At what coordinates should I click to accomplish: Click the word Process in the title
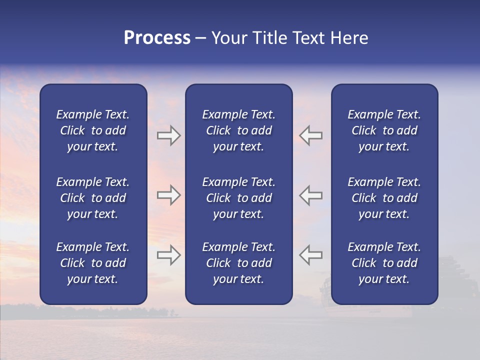157,38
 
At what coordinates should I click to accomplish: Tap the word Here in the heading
349,38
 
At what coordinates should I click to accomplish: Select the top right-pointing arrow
168,135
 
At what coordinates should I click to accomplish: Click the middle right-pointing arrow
168,195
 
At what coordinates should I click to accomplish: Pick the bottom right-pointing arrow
168,254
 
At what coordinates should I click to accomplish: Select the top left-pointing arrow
311,135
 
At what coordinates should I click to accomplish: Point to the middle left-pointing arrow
311,195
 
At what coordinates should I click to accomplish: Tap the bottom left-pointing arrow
311,254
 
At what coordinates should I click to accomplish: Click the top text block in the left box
93,130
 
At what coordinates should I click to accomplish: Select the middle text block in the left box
93,198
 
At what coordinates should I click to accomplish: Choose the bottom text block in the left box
93,263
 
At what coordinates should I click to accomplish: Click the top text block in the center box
238,130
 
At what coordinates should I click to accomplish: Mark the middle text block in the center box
238,198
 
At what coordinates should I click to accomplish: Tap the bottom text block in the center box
238,263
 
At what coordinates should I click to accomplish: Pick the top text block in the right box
384,130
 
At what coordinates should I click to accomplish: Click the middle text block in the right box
384,198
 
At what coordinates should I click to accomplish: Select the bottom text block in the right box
384,263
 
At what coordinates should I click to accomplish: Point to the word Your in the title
229,38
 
